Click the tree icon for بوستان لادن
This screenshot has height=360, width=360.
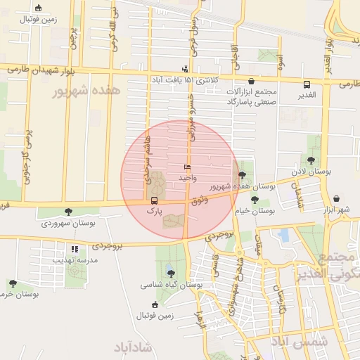pos(311,160)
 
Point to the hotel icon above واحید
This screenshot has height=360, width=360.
pos(187,167)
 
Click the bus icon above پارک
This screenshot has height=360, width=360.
pos(155,200)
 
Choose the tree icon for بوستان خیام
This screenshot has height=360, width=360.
pos(255,200)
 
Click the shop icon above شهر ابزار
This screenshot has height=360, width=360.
pos(337,199)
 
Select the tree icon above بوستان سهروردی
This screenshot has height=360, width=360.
pos(68,212)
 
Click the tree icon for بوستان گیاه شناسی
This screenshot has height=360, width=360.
pos(171,274)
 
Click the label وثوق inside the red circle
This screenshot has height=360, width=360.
pos(200,201)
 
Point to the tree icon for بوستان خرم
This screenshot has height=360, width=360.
pos(13,283)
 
